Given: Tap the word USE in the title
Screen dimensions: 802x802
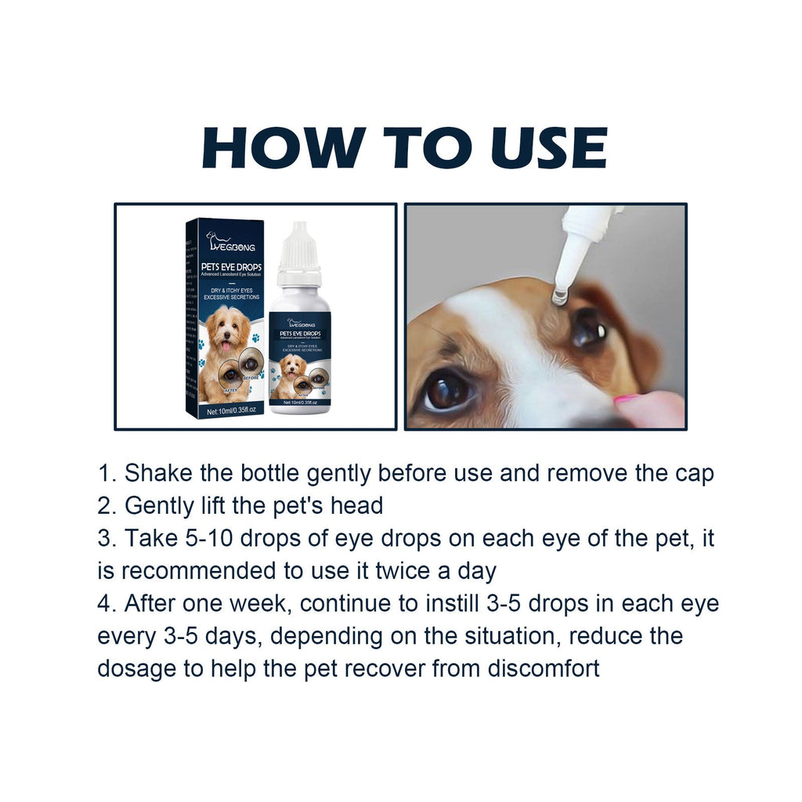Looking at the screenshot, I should (x=536, y=147).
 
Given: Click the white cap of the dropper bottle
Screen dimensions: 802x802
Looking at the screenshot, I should (x=300, y=249).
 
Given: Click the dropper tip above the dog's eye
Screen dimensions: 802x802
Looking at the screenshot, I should (x=560, y=294).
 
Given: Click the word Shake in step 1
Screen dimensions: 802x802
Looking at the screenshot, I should (x=160, y=473).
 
